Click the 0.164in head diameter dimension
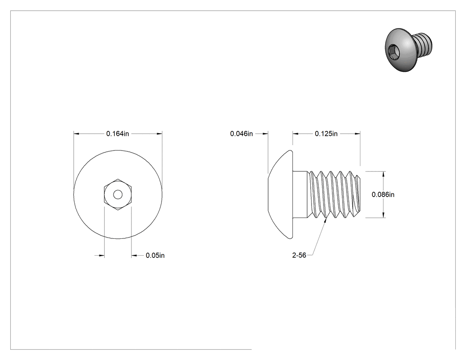pos(118,134)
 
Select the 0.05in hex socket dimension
pos(155,255)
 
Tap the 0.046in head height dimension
pos(241,134)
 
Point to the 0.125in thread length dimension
pos(326,134)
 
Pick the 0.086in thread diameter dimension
pos(383,194)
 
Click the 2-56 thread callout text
pos(299,255)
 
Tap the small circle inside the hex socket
pos(118,195)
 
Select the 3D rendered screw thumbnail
pos(408,50)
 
